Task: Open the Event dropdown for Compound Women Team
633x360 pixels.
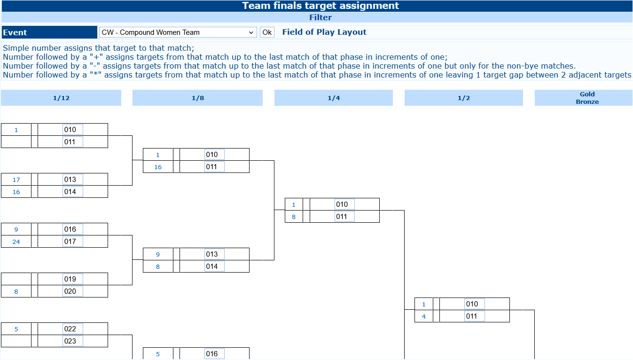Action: coord(178,32)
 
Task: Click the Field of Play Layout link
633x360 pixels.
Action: coord(324,32)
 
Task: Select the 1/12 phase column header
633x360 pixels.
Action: coord(61,98)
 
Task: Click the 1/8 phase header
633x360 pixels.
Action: coord(197,98)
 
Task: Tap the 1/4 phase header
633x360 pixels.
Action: coord(334,98)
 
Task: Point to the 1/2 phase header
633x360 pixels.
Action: coord(463,98)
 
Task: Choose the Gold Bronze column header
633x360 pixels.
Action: coord(587,98)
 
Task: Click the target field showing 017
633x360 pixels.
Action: coord(73,241)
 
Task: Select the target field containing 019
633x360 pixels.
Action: coord(73,279)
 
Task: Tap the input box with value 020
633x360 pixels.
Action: coord(73,291)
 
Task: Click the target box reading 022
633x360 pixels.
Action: coord(73,329)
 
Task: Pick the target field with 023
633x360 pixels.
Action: coord(73,341)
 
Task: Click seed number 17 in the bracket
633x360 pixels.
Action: coord(16,180)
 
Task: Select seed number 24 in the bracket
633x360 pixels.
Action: coord(16,242)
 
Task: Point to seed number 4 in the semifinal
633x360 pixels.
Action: coord(423,316)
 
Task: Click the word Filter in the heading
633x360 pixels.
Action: coord(320,17)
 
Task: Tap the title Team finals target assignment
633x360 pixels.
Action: coord(320,6)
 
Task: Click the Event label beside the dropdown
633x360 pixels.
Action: coord(15,32)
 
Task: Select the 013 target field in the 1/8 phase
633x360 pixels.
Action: coord(214,254)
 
